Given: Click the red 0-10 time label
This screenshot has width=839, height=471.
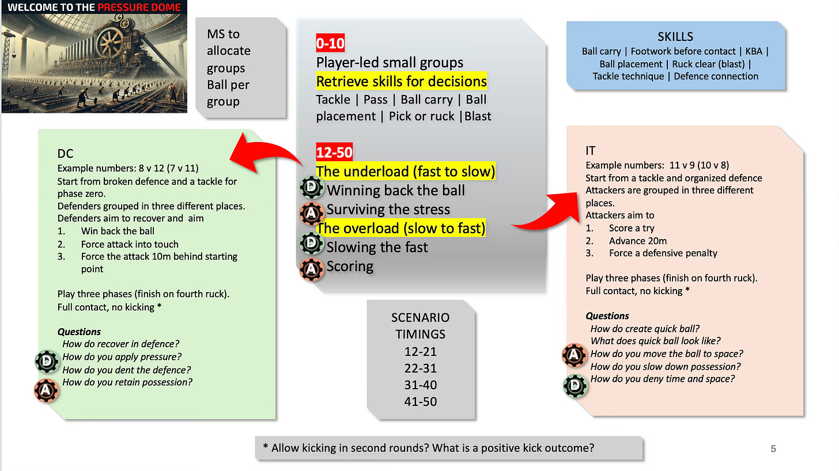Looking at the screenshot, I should [330, 43].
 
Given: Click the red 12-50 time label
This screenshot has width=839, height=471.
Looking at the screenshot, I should [334, 153].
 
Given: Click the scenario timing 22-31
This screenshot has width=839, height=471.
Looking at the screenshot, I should [420, 368].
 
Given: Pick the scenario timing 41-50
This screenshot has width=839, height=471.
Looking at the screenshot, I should [420, 401].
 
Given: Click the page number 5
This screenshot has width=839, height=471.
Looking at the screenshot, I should [773, 449].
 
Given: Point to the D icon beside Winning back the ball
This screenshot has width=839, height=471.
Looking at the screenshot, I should [312, 188].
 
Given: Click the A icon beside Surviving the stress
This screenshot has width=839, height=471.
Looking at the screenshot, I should [312, 211].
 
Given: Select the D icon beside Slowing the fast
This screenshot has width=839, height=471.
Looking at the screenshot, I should [312, 245].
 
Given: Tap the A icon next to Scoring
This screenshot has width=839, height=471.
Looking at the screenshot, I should [312, 268].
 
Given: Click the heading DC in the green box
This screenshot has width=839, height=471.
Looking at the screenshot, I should [65, 154].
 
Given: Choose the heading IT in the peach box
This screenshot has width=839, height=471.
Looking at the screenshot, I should [591, 151].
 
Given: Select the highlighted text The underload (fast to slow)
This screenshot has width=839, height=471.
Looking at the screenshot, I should [405, 171].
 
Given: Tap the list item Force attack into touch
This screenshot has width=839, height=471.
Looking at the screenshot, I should [130, 244].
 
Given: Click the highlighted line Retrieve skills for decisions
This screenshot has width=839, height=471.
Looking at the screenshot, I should [401, 81].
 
